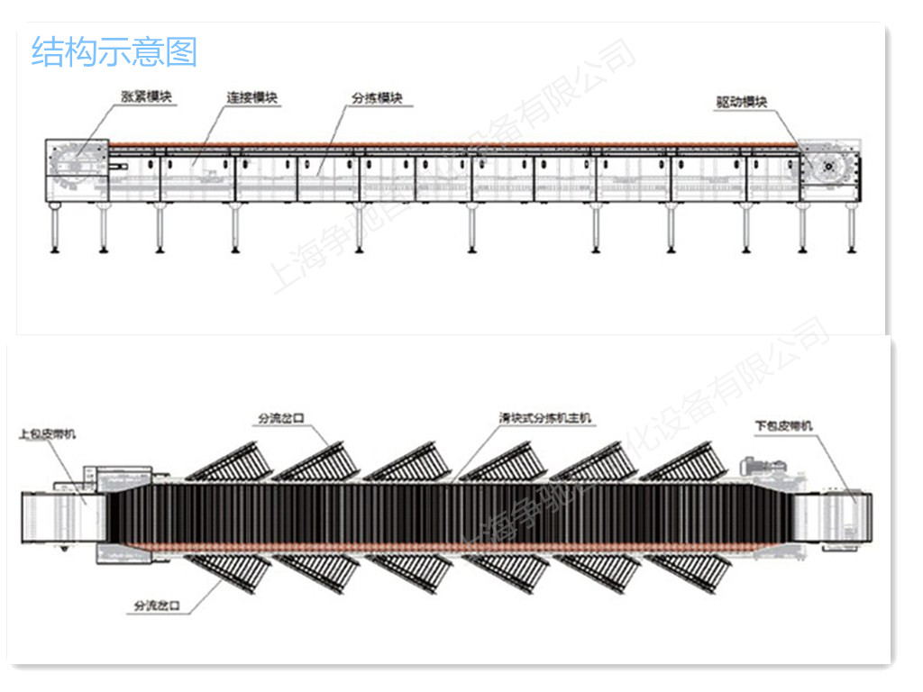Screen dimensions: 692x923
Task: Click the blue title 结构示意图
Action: pyautogui.click(x=114, y=51)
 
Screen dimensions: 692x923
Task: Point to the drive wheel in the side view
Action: pyautogui.click(x=828, y=168)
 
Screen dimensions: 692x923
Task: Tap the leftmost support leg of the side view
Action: pyautogui.click(x=57, y=230)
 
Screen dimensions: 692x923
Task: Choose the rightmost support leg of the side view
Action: pyautogui.click(x=850, y=230)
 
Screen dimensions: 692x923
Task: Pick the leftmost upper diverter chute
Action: pyautogui.click(x=230, y=461)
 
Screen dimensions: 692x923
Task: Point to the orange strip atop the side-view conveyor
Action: pyautogui.click(x=451, y=143)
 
